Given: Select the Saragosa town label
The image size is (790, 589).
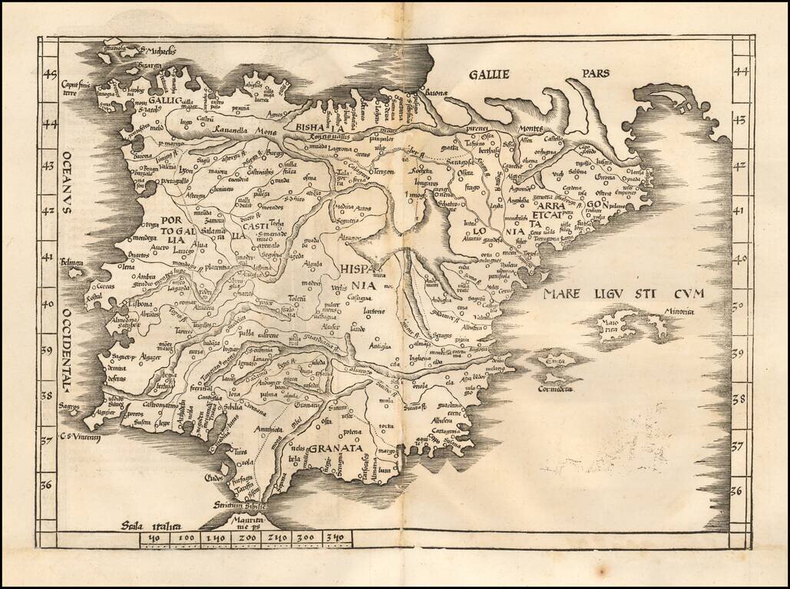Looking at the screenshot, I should [458, 164].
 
